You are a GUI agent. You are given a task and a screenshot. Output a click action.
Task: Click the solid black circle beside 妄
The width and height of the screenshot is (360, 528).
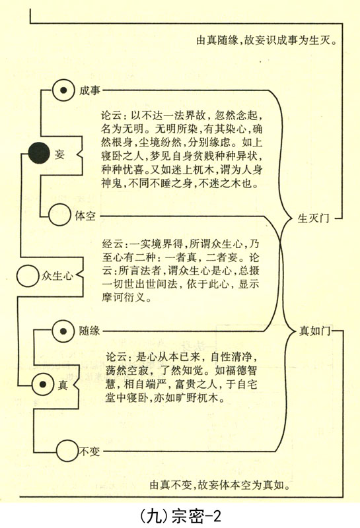tap(39, 153)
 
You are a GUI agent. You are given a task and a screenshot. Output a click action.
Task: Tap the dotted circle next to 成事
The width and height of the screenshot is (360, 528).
tap(63, 90)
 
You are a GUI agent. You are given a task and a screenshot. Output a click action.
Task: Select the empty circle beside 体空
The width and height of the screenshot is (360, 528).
tap(59, 215)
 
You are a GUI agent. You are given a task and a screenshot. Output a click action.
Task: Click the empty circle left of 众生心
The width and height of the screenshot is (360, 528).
tap(28, 276)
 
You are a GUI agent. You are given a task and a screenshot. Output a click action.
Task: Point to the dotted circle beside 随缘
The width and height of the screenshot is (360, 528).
tap(63, 331)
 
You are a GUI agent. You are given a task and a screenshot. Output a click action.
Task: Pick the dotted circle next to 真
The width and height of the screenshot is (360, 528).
tap(43, 384)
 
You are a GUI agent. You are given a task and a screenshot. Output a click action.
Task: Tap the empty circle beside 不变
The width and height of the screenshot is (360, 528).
tap(67, 451)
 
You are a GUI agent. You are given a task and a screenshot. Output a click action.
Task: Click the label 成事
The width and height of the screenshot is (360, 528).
tap(90, 90)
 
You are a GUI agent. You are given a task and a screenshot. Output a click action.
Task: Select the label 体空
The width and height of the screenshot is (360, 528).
tap(85, 216)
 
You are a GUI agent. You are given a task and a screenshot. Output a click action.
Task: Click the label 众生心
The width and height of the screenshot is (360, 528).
tap(57, 276)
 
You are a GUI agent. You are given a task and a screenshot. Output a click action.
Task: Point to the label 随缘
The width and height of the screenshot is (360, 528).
tap(89, 331)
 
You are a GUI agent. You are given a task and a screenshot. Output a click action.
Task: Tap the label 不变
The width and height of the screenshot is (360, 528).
tap(89, 451)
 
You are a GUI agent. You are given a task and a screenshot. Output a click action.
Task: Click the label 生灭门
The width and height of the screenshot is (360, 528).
tap(313, 218)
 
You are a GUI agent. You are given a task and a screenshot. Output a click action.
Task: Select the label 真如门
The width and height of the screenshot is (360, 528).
tap(315, 331)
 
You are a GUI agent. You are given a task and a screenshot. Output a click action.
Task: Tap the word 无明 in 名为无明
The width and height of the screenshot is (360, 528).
tap(138, 129)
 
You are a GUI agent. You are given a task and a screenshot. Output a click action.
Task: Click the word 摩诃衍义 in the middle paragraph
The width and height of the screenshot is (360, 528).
tap(124, 298)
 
